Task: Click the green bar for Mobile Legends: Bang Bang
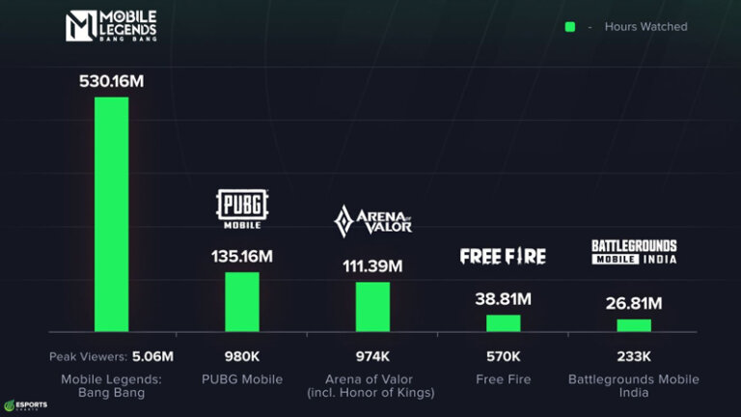pyautogui.click(x=111, y=214)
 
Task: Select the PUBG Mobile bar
pyautogui.click(x=242, y=302)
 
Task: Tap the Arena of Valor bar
pyautogui.click(x=372, y=307)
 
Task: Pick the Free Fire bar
pyautogui.click(x=503, y=323)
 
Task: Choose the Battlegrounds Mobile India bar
pyautogui.click(x=634, y=325)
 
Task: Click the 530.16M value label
pyautogui.click(x=111, y=81)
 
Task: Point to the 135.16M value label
pyautogui.click(x=242, y=257)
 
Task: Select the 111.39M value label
pyautogui.click(x=372, y=265)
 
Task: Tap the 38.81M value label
pyautogui.click(x=503, y=299)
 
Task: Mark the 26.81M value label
pyautogui.click(x=634, y=304)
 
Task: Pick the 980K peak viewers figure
pyautogui.click(x=242, y=356)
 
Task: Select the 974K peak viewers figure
pyautogui.click(x=372, y=356)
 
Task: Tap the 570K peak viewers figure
pyautogui.click(x=503, y=356)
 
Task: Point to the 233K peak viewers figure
pyautogui.click(x=634, y=356)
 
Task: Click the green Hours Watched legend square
pyautogui.click(x=570, y=27)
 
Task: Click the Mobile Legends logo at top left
pyautogui.click(x=111, y=27)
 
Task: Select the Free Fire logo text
pyautogui.click(x=503, y=256)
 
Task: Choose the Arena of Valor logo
pyautogui.click(x=372, y=221)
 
